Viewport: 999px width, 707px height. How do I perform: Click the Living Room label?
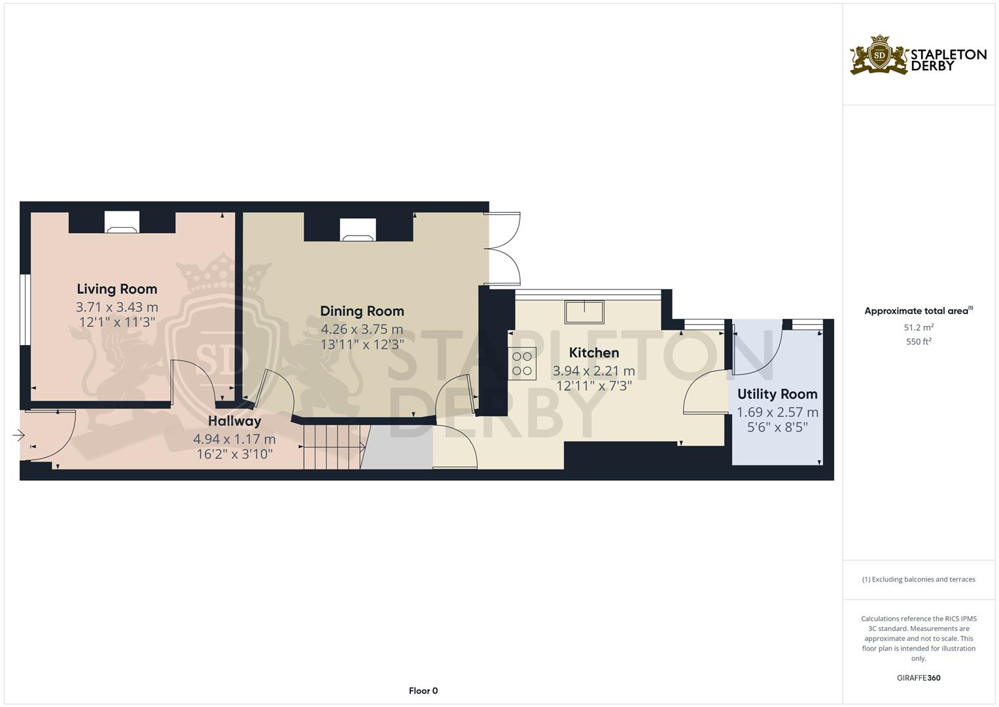(x=117, y=289)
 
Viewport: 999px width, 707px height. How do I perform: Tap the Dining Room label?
(x=362, y=311)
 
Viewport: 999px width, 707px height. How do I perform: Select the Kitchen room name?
(x=593, y=353)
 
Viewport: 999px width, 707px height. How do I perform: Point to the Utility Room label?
(x=777, y=394)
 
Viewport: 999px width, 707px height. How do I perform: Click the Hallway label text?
(x=234, y=421)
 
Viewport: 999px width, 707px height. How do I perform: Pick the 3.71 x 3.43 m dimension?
(x=117, y=306)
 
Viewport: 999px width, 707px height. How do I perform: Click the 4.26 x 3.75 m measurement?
(x=362, y=329)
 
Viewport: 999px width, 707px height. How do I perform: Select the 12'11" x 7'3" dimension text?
(x=593, y=386)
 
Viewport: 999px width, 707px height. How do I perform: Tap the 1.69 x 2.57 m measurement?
(x=777, y=412)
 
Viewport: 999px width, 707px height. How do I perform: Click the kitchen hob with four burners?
(x=522, y=364)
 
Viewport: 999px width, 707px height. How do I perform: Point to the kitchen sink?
(x=585, y=312)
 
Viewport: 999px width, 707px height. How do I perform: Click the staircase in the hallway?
(x=332, y=447)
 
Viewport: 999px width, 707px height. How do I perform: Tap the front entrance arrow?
(x=18, y=435)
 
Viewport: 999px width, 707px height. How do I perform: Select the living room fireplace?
(x=122, y=223)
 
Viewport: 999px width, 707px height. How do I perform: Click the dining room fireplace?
(x=358, y=230)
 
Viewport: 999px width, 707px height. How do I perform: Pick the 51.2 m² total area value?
(x=919, y=327)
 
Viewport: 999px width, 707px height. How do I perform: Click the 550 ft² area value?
(x=919, y=342)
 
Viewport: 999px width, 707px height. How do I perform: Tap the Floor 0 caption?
(x=423, y=691)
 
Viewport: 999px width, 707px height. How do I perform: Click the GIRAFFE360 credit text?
(x=919, y=678)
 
